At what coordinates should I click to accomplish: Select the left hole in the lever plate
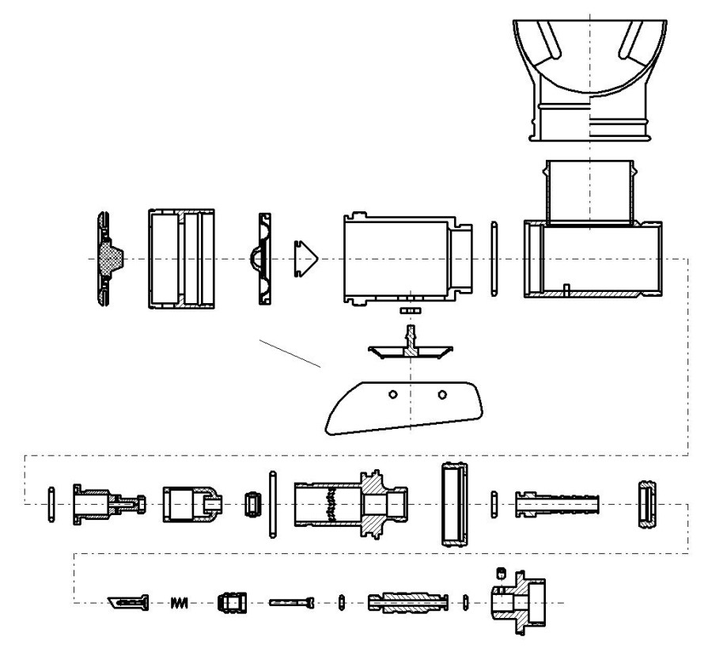coord(392,393)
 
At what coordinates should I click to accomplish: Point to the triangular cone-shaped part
coord(305,259)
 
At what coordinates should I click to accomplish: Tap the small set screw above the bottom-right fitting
coord(500,572)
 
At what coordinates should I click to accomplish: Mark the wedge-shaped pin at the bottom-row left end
coord(127,603)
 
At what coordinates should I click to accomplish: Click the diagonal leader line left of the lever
coord(290,353)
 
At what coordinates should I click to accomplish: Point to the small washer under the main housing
coord(408,312)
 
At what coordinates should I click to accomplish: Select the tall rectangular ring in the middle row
coord(454,503)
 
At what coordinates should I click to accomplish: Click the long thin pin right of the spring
coord(291,603)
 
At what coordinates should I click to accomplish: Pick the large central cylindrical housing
coord(400,259)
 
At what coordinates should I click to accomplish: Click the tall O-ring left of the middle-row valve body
coord(273,504)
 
